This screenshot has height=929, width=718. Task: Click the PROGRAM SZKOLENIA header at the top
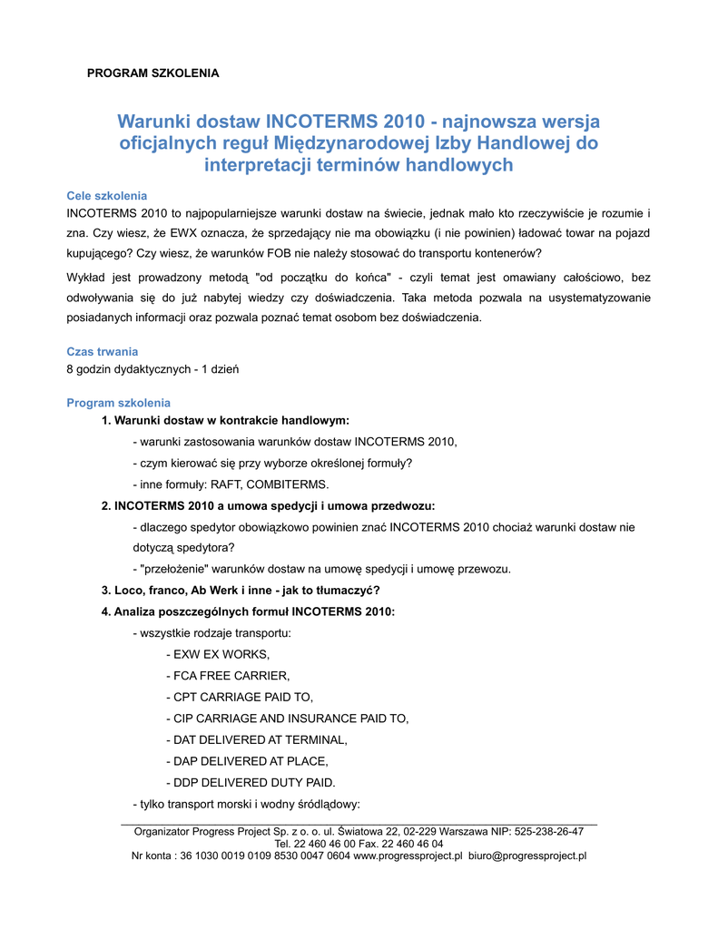(x=152, y=73)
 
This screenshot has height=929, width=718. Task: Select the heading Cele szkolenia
(x=107, y=196)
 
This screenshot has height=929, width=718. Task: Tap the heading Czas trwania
(x=103, y=351)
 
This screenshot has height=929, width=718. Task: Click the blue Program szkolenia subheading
(x=118, y=403)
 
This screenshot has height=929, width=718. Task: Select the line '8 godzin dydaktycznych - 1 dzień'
(x=152, y=369)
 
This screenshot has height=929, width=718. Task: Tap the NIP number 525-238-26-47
(x=548, y=831)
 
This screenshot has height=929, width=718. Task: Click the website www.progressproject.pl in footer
(x=408, y=856)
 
